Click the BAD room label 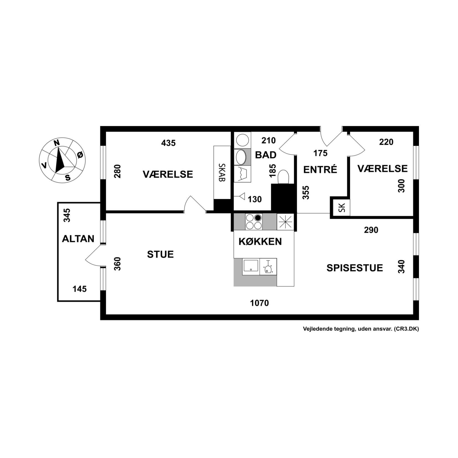(266, 155)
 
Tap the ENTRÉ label (320, 169)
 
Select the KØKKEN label (260, 241)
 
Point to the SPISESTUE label (354, 268)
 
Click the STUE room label (160, 254)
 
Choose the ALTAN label (78, 238)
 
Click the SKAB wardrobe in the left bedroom (222, 172)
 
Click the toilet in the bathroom (283, 177)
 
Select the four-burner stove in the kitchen (254, 222)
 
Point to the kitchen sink (251, 266)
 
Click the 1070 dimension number (259, 303)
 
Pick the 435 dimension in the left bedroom (168, 143)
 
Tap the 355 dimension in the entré (306, 192)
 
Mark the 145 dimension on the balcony (79, 289)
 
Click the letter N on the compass (56, 143)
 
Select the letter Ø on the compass (80, 155)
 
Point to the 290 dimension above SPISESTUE (371, 230)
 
